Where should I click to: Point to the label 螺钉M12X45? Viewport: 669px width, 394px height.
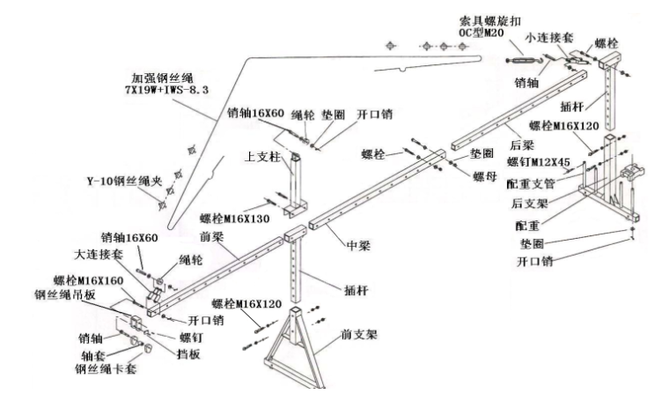tap(537, 162)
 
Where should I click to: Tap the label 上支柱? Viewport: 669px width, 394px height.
tap(261, 155)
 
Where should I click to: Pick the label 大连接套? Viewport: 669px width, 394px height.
tap(97, 253)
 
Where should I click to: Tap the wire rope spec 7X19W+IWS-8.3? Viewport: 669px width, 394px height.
tap(169, 89)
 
